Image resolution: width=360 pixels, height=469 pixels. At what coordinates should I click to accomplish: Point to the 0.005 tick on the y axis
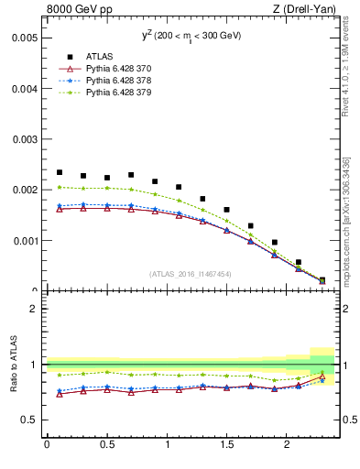(25, 38)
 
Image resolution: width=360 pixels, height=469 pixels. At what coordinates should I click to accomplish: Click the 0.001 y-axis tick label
(25, 241)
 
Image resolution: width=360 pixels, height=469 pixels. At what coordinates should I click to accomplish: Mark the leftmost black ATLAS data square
(60, 172)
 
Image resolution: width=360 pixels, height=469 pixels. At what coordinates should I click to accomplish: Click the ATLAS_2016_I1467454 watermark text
(191, 274)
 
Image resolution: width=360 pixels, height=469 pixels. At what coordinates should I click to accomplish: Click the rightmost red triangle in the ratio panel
(322, 376)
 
